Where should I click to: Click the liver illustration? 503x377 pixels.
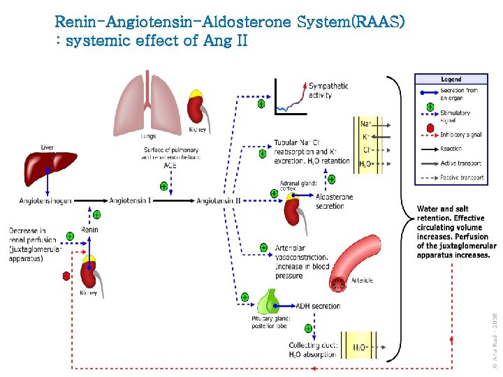47,168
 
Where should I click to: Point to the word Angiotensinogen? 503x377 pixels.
45,201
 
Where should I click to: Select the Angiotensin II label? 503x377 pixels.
219,201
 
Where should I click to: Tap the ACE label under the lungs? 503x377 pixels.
170,165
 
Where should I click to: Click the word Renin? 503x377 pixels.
89,228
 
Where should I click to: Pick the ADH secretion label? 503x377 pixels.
318,306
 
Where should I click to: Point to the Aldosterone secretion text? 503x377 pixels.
334,202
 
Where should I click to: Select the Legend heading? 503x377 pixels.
451,80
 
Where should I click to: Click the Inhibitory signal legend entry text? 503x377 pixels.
460,135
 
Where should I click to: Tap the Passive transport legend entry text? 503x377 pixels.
462,178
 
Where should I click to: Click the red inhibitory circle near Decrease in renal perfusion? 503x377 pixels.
66,276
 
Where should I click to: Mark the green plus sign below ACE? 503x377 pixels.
163,186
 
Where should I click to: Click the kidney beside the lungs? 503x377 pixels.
196,108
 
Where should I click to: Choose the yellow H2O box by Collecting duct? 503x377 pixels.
360,346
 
